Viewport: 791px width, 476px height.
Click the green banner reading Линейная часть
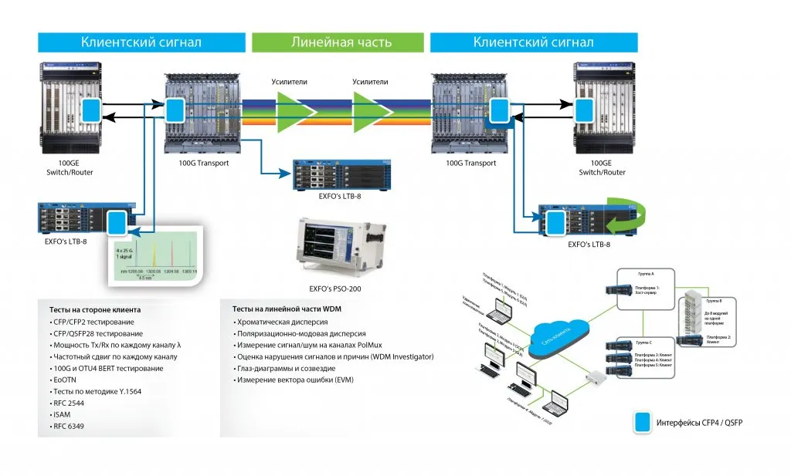click(338, 42)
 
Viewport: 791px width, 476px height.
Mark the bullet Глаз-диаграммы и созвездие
click(288, 368)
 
